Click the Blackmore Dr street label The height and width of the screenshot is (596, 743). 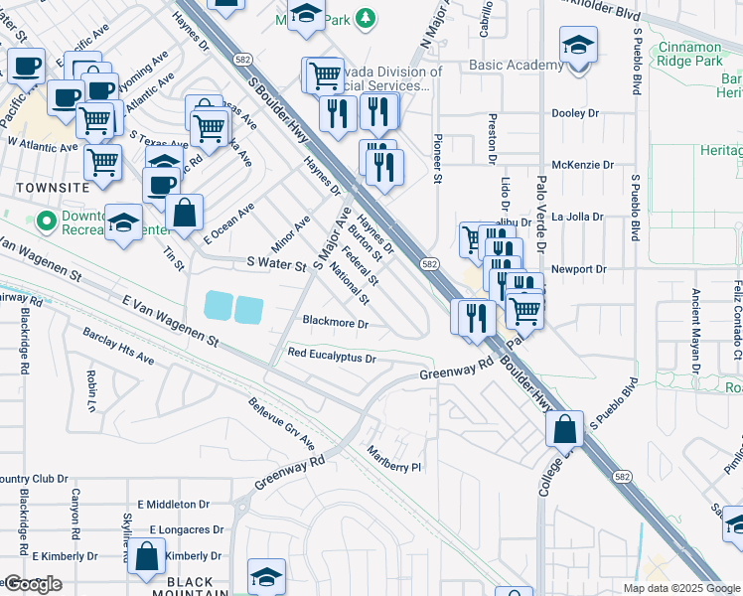(335, 324)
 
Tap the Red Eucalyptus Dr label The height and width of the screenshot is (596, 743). (332, 356)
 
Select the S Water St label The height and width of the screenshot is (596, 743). (276, 265)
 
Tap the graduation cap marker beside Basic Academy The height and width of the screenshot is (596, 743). (578, 46)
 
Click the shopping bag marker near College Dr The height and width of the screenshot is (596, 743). (564, 430)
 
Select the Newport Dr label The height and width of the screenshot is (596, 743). (579, 269)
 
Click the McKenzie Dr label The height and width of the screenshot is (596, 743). (578, 165)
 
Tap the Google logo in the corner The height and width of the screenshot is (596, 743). (32, 584)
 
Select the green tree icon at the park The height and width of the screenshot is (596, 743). (367, 17)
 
